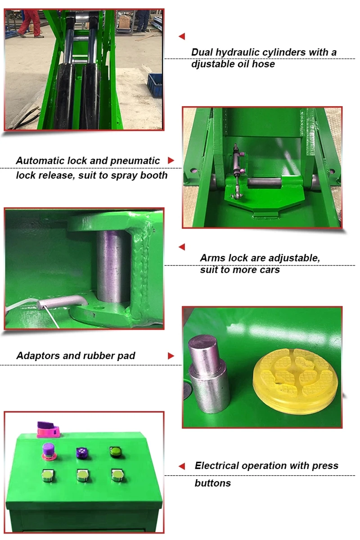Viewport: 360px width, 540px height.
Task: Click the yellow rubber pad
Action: [296, 382]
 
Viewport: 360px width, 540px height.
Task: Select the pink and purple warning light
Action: [48, 430]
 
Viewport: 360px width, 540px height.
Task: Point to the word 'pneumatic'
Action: [135, 161]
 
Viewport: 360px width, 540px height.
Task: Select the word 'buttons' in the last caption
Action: [213, 483]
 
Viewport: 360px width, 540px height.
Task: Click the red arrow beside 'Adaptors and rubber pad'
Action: [171, 356]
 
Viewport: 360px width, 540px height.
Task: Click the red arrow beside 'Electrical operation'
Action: [182, 466]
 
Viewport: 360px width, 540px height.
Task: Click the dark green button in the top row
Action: [116, 452]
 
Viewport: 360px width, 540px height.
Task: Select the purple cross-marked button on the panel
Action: [82, 453]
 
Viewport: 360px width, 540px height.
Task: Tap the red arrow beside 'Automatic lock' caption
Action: [171, 160]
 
